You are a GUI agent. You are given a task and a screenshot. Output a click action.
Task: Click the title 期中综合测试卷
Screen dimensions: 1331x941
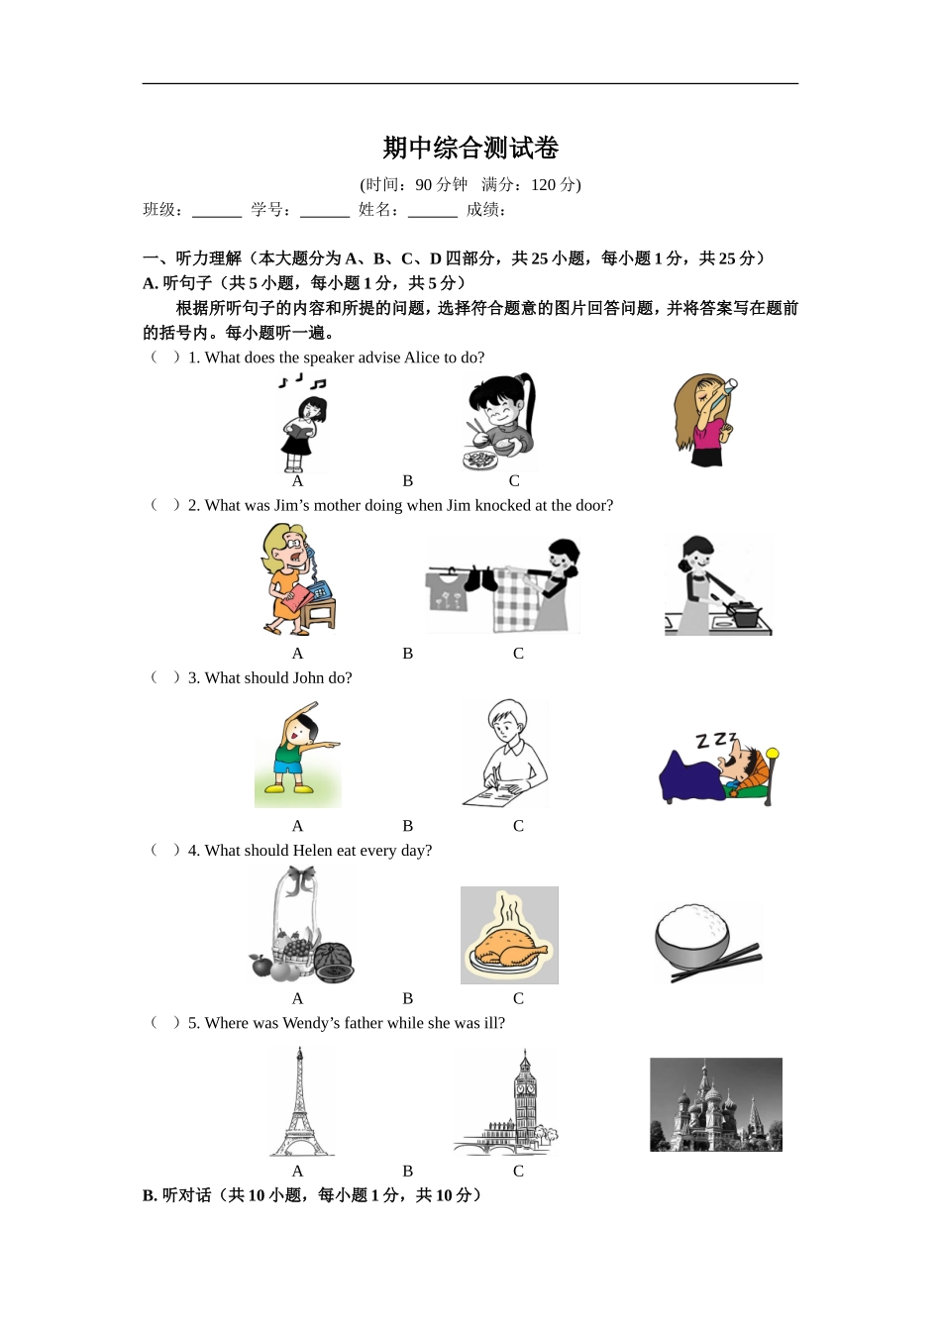pyautogui.click(x=470, y=149)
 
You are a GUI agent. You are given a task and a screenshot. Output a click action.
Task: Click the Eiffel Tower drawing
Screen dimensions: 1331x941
pyautogui.click(x=299, y=1102)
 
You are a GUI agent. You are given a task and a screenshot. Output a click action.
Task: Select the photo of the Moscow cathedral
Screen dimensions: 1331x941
pyautogui.click(x=715, y=1104)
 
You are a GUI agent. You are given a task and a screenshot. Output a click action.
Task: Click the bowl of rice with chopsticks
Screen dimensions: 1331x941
pyautogui.click(x=705, y=942)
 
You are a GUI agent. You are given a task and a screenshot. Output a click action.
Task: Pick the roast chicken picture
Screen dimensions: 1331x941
pyautogui.click(x=509, y=936)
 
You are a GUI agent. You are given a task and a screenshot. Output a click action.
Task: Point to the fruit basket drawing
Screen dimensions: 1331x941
pyautogui.click(x=299, y=927)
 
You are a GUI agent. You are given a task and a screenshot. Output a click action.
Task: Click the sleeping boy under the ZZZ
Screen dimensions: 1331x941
pyautogui.click(x=718, y=768)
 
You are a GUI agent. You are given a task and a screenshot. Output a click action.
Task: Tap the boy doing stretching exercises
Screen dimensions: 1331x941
pyautogui.click(x=297, y=754)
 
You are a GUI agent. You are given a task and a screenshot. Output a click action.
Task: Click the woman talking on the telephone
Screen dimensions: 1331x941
pyautogui.click(x=297, y=580)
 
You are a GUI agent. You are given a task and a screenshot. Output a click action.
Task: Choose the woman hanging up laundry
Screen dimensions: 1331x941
pyautogui.click(x=503, y=585)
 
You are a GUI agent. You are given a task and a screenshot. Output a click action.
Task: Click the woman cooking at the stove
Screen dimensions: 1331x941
pyautogui.click(x=717, y=586)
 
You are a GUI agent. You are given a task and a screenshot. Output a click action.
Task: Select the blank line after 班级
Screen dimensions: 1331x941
pyautogui.click(x=217, y=211)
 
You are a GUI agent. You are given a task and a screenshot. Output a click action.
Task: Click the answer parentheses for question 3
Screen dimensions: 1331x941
pyautogui.click(x=165, y=677)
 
